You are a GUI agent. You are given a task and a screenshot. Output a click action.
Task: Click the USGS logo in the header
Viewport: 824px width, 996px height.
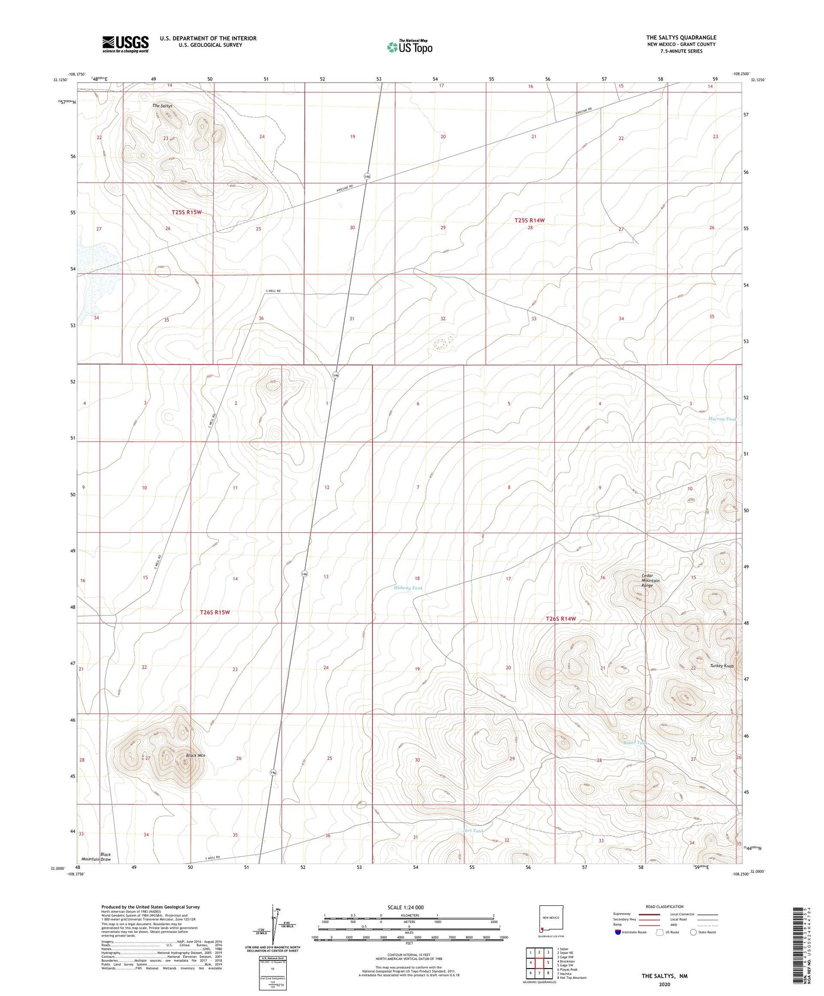[125, 43]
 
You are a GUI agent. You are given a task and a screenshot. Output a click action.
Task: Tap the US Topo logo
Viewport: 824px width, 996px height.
[409, 47]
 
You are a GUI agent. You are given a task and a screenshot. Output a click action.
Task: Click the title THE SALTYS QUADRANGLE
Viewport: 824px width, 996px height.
[681, 38]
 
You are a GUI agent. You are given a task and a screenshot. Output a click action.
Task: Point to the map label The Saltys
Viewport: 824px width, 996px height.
[162, 106]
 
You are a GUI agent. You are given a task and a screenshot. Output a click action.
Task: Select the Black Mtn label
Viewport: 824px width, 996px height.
[196, 755]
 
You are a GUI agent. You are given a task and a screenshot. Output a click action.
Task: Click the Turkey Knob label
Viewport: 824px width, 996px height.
[721, 666]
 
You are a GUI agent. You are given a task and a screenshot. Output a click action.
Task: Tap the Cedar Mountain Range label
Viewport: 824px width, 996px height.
[650, 580]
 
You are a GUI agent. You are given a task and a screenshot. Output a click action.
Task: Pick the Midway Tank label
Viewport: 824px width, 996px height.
[408, 588]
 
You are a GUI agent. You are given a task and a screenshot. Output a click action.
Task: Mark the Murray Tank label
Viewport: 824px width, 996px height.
[722, 419]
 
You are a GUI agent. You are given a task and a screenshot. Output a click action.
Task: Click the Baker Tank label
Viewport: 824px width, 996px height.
[635, 743]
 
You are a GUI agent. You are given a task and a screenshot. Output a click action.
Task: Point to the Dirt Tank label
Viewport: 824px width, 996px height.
[473, 831]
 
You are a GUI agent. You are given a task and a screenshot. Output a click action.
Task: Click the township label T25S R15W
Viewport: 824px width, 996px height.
[186, 212]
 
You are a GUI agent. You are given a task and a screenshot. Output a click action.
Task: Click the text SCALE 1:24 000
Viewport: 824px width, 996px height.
[405, 907]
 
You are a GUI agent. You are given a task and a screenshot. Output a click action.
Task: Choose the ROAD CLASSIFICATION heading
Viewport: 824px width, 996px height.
[664, 906]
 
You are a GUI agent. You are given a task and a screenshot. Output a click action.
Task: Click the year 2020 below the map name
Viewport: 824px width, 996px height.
[664, 984]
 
